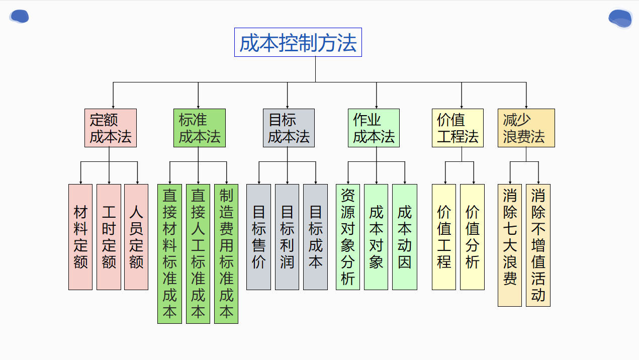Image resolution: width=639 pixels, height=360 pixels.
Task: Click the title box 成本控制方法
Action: [298, 42]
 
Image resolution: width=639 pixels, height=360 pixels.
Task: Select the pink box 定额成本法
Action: [111, 128]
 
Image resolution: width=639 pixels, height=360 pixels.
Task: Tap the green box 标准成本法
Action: [199, 128]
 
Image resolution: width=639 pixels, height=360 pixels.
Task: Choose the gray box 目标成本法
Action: [289, 128]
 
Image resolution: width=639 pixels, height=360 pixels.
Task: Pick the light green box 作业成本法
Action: [374, 128]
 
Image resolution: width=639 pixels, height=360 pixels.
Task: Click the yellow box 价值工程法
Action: [458, 128]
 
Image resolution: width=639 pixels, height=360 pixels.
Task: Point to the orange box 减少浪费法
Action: [526, 128]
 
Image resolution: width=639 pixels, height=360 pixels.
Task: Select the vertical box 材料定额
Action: [80, 237]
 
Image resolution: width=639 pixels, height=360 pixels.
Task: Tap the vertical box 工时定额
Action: [109, 237]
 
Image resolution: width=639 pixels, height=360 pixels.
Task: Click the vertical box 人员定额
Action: [136, 237]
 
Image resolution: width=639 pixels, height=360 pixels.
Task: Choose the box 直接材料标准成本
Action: [169, 253]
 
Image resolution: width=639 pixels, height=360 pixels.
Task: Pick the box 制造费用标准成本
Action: [226, 253]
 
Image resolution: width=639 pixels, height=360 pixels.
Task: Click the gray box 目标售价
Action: [258, 237]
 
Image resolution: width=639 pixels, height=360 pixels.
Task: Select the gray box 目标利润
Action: [287, 237]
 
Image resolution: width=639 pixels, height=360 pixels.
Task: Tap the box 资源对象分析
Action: [348, 237]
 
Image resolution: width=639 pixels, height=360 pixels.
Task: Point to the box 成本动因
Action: [405, 237]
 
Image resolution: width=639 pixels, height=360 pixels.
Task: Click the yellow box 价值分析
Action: [472, 237]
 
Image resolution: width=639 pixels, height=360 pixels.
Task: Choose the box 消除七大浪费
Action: [510, 245]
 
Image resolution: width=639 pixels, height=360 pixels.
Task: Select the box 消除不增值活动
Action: [538, 245]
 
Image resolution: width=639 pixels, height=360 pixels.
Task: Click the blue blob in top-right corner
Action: [620, 18]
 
